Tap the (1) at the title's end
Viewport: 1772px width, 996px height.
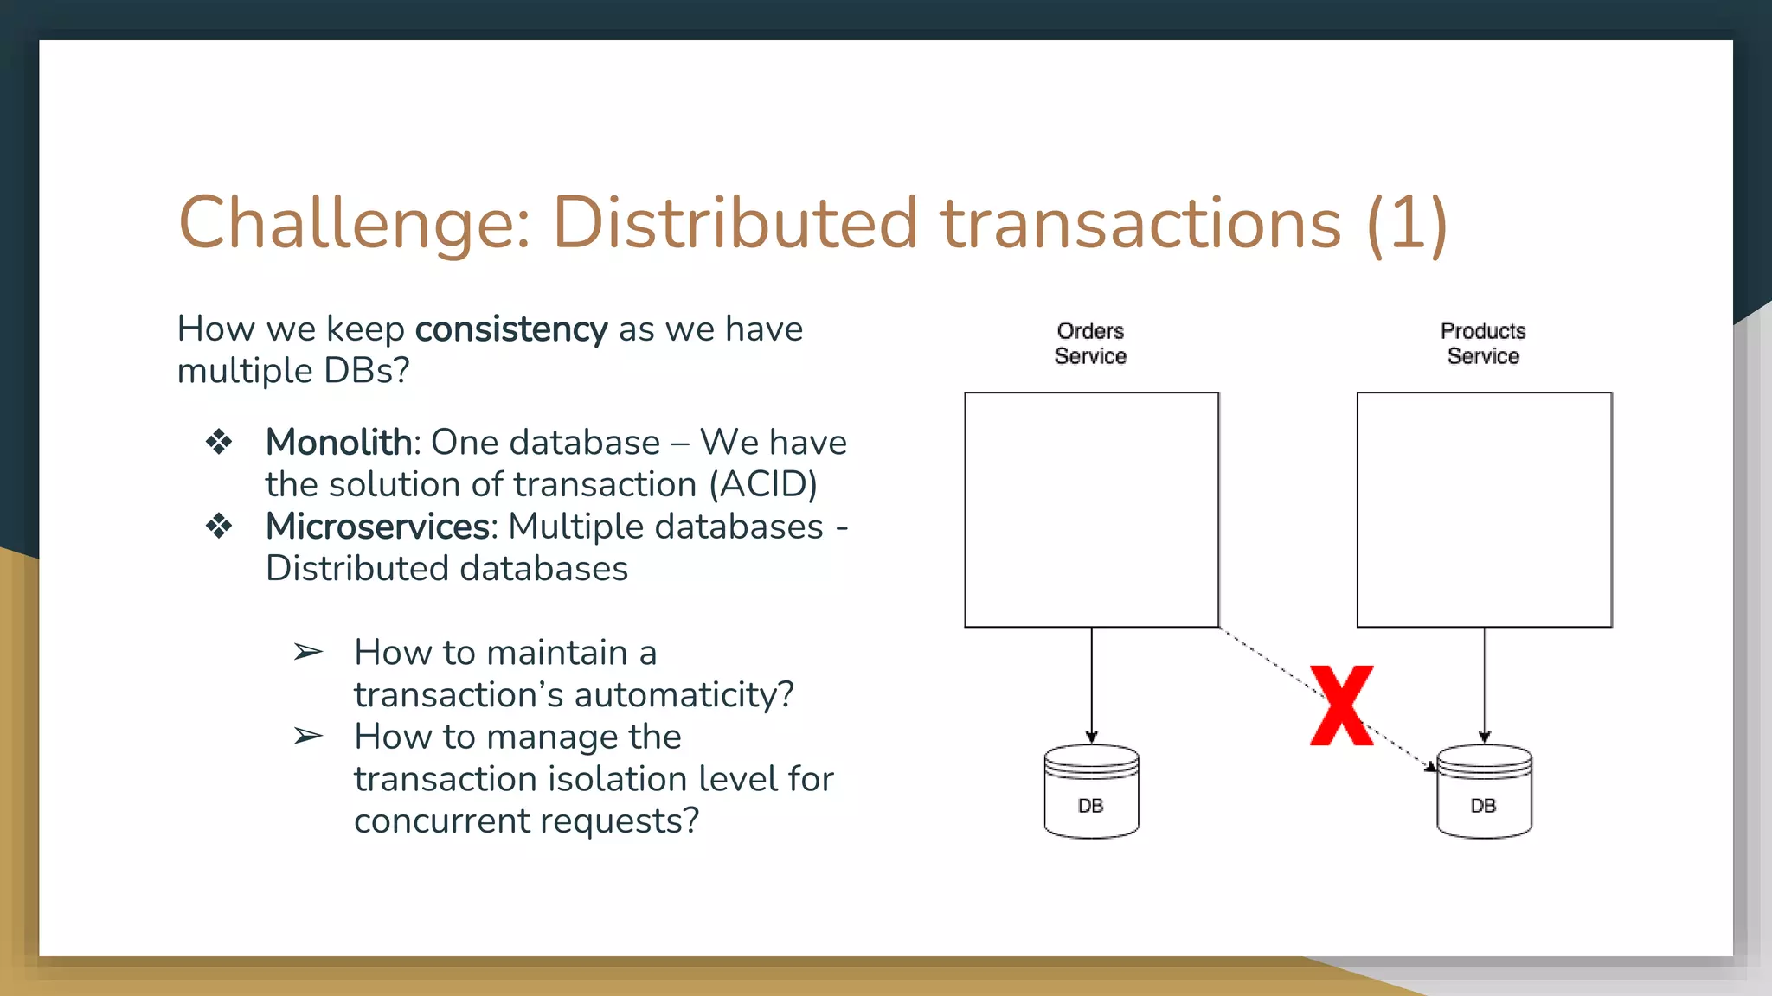click(x=1407, y=223)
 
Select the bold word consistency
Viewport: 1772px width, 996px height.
click(x=511, y=329)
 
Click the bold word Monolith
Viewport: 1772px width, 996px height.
click(x=338, y=443)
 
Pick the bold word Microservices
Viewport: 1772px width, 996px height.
click(x=378, y=527)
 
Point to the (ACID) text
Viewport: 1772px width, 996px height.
click(x=763, y=484)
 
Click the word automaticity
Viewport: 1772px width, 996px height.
click(x=684, y=694)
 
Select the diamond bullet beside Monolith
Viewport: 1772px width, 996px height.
click(x=219, y=443)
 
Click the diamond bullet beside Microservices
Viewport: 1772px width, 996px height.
click(x=219, y=527)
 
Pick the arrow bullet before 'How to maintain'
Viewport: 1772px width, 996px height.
click(x=308, y=653)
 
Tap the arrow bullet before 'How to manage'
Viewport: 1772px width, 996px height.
click(x=308, y=737)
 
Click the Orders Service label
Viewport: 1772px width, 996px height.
click(x=1090, y=343)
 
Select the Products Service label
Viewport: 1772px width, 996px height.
click(x=1483, y=343)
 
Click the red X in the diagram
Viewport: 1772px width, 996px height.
click(x=1341, y=705)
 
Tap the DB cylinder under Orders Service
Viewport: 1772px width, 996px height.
click(x=1091, y=792)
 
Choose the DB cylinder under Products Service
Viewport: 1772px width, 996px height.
click(x=1484, y=792)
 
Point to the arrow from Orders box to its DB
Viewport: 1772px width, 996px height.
click(x=1092, y=683)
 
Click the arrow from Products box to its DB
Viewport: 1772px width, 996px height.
click(x=1485, y=683)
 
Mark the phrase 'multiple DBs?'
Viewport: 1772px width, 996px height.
click(x=293, y=371)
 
